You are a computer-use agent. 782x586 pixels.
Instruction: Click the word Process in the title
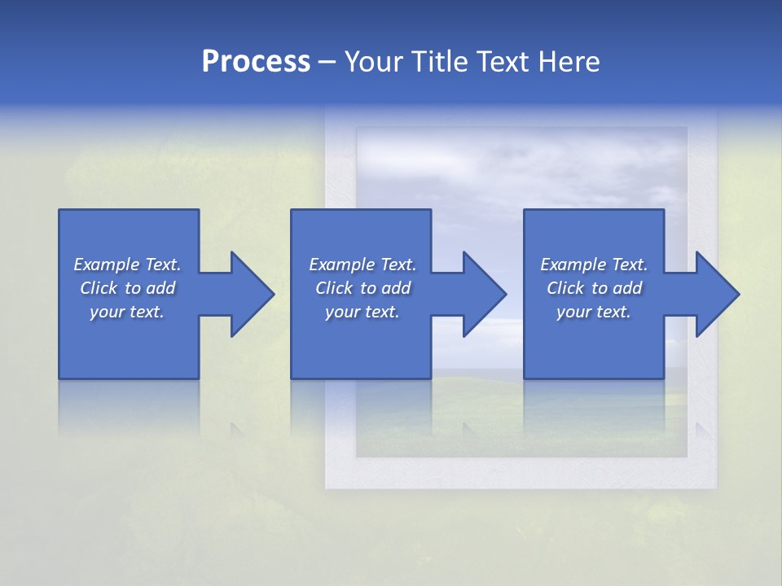click(256, 62)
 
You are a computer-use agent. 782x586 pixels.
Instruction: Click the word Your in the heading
click(375, 62)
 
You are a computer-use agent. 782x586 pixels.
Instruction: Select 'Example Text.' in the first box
click(127, 265)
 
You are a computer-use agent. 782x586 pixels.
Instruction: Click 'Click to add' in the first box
click(127, 288)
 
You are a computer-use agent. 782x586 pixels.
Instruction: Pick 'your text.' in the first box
click(127, 312)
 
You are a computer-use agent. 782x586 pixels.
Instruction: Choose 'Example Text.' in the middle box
click(362, 265)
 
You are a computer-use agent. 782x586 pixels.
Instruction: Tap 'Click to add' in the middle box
click(362, 288)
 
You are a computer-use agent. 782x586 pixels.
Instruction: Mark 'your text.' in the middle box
click(362, 312)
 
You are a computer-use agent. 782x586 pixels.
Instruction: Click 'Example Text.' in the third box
click(594, 265)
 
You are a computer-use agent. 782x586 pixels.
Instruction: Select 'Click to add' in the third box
click(594, 288)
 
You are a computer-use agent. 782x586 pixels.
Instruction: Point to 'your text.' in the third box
click(594, 312)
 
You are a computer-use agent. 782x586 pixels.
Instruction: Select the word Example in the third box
click(573, 265)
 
